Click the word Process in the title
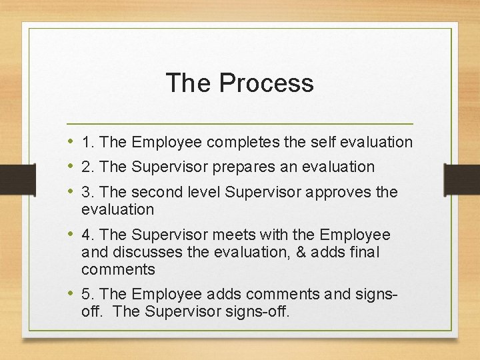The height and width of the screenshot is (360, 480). (266, 83)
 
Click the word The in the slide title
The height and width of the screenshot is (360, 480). (189, 83)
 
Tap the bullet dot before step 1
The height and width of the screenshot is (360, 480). (71, 141)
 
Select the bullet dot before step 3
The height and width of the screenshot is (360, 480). (71, 191)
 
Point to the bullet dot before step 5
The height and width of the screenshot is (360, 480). (71, 293)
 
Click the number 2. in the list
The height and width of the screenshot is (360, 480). (87, 167)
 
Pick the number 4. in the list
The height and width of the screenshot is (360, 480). (87, 235)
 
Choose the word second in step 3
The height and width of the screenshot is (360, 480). (155, 193)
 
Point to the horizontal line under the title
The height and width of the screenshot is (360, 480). (240, 124)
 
